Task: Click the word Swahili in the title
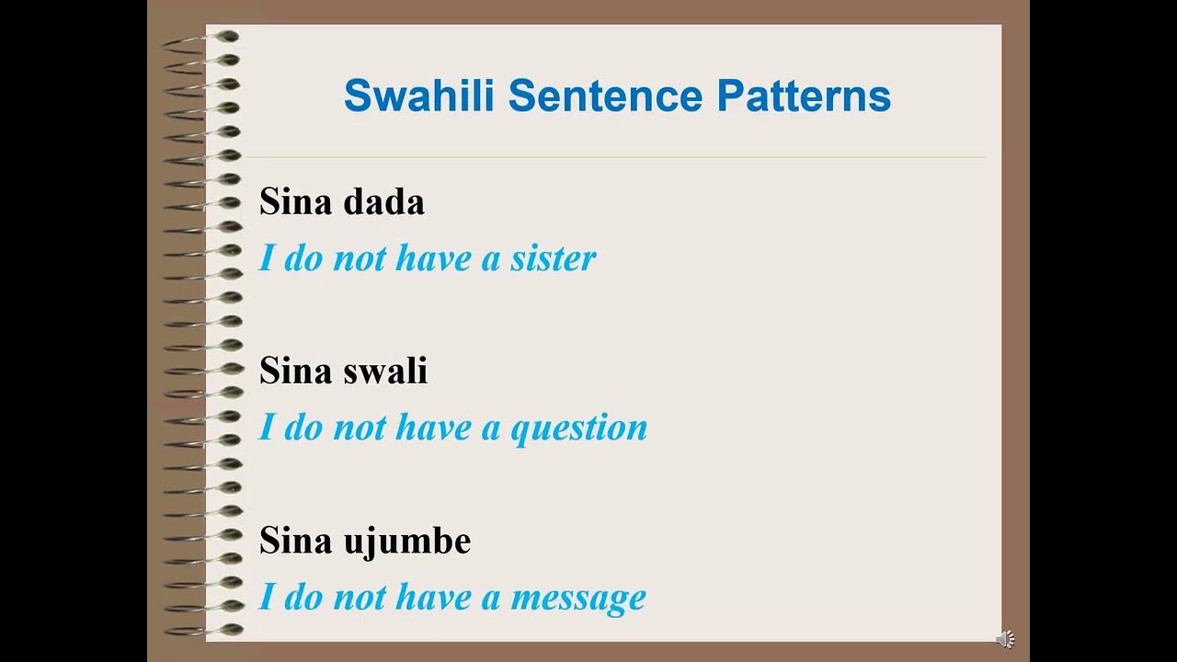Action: tap(420, 96)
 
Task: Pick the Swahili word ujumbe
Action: tap(406, 540)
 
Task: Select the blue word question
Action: tap(579, 428)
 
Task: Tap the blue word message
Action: tap(578, 598)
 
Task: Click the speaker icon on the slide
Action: tap(1006, 639)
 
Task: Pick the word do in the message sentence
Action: tap(303, 598)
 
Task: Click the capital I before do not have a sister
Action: tap(267, 258)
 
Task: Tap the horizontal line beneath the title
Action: tap(616, 157)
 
